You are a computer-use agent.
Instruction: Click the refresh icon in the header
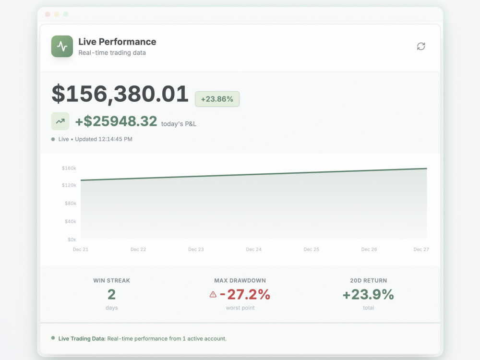(421, 46)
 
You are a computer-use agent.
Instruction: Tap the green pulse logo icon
(62, 46)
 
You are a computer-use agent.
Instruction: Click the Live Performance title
(117, 42)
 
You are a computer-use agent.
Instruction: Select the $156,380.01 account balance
(120, 94)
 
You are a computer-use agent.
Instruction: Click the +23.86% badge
(217, 99)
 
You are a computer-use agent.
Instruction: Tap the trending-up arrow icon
(60, 121)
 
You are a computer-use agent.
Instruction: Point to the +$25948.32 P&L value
(116, 121)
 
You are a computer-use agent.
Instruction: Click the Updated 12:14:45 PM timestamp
(104, 139)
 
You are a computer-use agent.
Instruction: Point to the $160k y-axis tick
(69, 168)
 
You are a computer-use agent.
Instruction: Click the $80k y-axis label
(71, 203)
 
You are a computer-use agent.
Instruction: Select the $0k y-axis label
(72, 240)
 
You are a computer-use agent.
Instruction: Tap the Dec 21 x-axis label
(81, 250)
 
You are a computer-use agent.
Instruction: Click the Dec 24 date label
(254, 250)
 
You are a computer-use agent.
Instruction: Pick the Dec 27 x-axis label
(421, 250)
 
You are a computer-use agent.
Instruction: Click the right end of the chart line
(427, 168)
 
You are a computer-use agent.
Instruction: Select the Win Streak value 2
(111, 295)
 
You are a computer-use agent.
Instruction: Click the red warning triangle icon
(213, 295)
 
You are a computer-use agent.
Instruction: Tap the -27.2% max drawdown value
(245, 295)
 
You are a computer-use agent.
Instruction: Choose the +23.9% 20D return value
(368, 295)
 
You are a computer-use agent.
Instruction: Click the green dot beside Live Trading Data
(53, 338)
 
